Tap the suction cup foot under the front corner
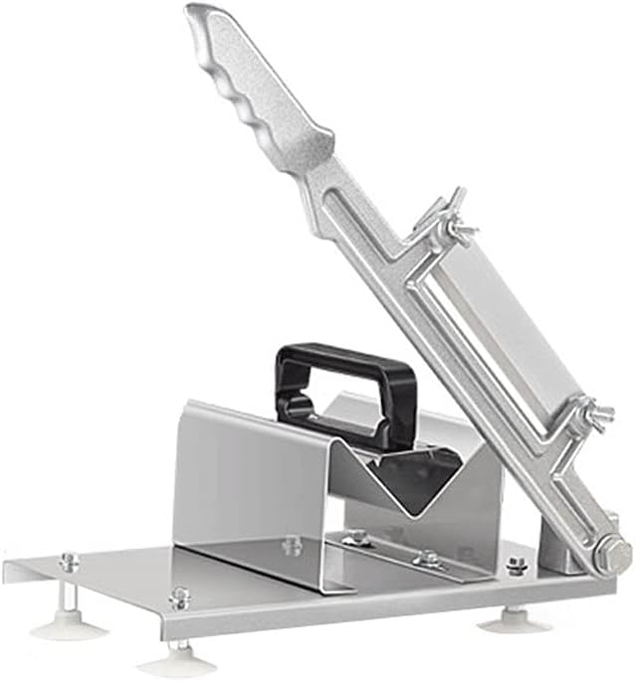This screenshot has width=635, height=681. point(178,659)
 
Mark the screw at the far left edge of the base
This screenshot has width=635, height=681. point(69,562)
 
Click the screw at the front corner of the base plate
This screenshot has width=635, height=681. point(179,597)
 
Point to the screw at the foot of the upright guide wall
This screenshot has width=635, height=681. point(292,545)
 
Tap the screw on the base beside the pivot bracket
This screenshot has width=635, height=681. point(518,566)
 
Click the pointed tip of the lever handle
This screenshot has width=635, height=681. point(195,14)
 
